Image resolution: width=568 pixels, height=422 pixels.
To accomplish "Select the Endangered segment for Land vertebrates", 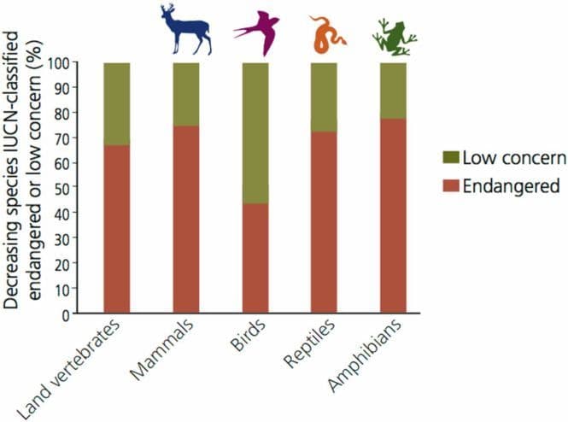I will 117,228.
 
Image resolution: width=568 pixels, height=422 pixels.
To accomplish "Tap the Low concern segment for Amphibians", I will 393,90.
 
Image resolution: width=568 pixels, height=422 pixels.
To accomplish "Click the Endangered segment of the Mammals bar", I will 186,219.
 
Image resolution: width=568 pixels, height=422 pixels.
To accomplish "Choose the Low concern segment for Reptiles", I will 324,97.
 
